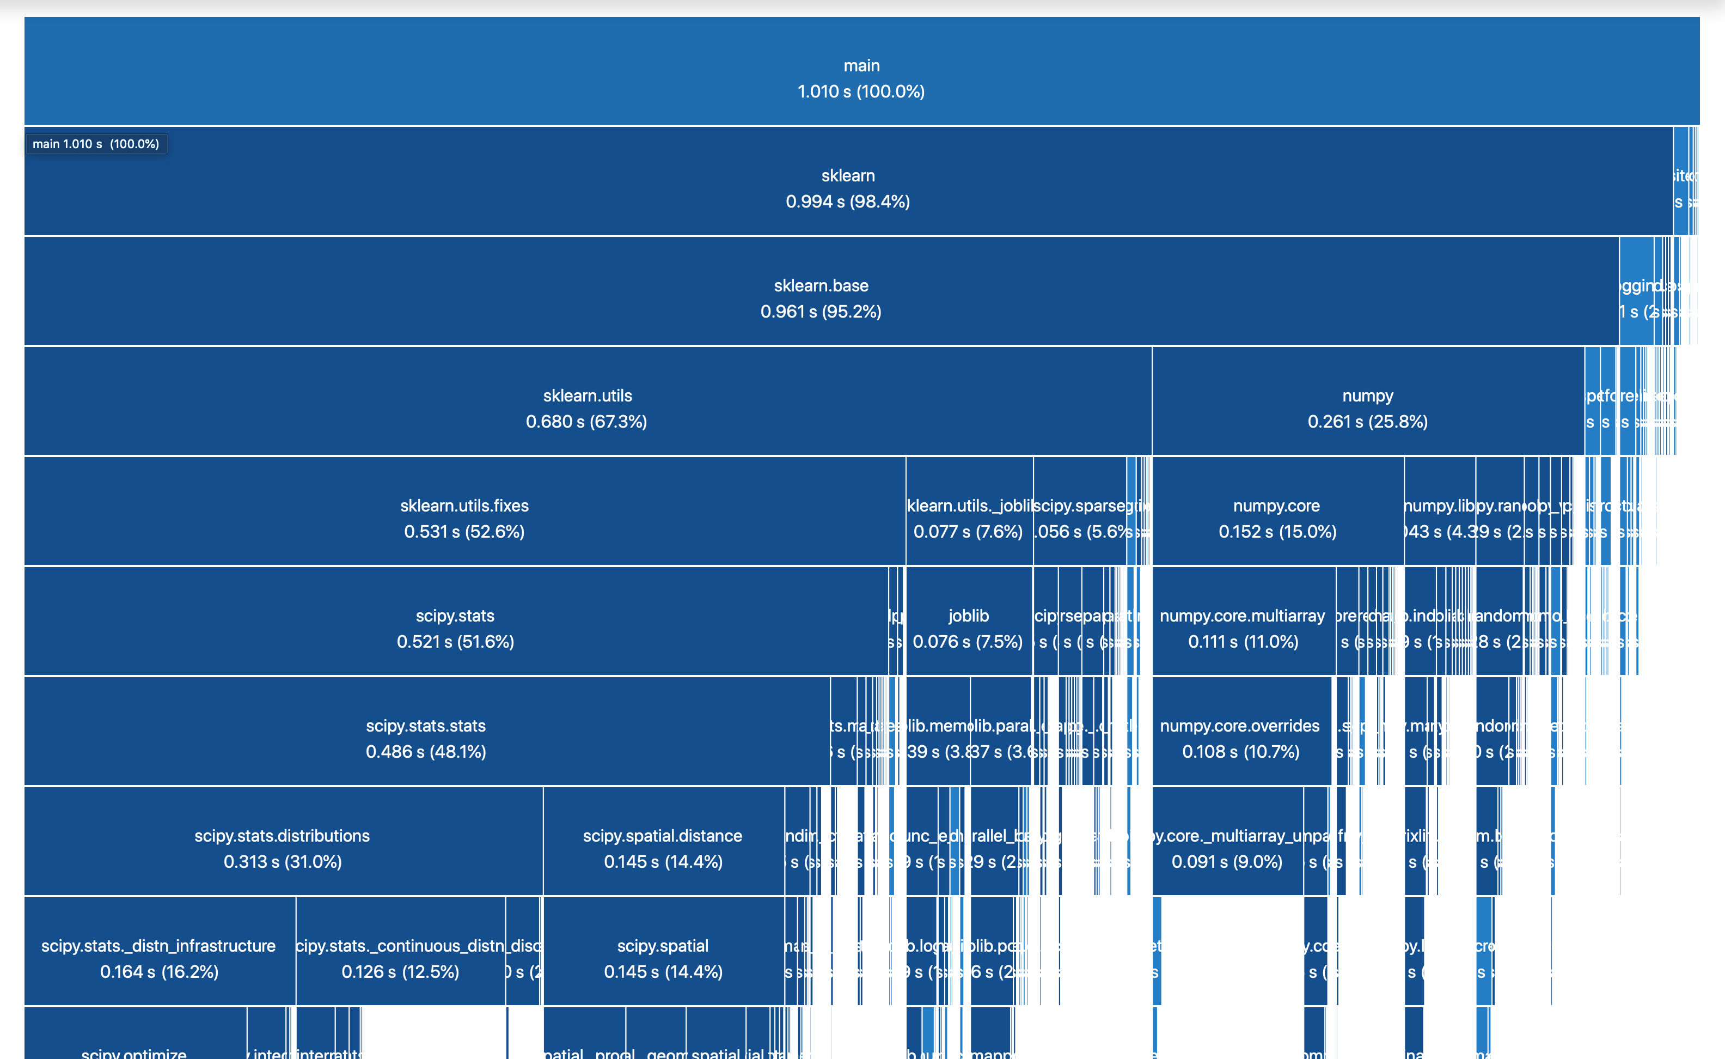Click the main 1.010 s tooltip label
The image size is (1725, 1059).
tap(96, 144)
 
